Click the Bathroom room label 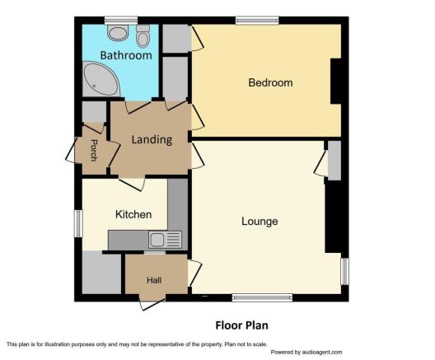click(126, 55)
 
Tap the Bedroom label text click(270, 82)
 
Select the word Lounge click(260, 222)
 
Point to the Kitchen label click(133, 214)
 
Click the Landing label click(152, 140)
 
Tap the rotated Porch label click(94, 150)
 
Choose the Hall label click(154, 280)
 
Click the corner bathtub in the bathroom click(100, 79)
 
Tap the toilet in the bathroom click(143, 36)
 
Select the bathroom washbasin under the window click(119, 33)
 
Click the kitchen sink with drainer click(165, 240)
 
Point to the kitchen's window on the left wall click(78, 223)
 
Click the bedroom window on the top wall click(257, 21)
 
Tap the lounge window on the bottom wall click(262, 298)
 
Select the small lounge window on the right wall click(344, 272)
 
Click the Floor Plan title click(241, 325)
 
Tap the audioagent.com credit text click(306, 353)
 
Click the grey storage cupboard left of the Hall click(102, 272)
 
